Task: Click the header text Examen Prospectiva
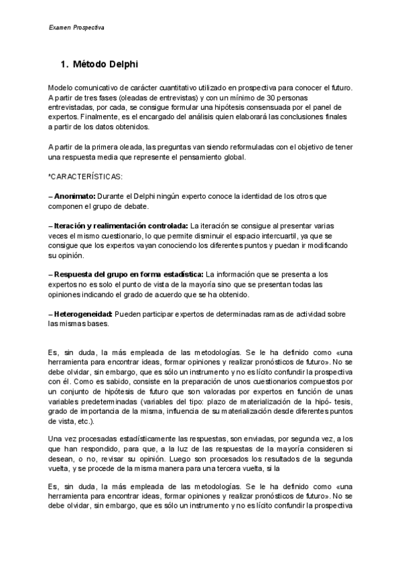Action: (x=76, y=27)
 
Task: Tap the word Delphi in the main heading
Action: (x=123, y=64)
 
